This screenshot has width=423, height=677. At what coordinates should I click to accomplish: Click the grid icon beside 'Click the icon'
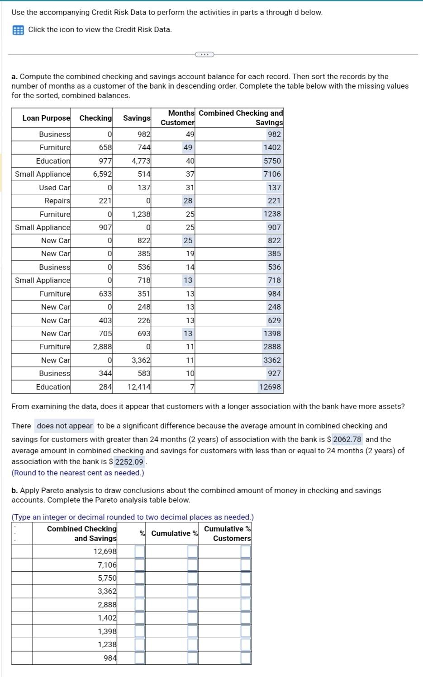(18, 30)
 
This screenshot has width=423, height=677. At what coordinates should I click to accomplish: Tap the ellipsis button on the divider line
(204, 55)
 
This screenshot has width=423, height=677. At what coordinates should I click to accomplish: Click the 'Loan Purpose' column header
(46, 118)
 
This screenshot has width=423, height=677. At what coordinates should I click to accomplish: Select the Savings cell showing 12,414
(139, 387)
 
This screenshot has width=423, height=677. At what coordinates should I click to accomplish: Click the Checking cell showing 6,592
(102, 174)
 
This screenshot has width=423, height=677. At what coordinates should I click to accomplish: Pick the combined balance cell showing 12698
(270, 387)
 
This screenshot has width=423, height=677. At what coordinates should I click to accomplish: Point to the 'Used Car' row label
(54, 188)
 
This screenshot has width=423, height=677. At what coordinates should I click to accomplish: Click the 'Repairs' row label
(57, 201)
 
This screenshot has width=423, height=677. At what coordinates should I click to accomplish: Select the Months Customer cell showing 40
(190, 161)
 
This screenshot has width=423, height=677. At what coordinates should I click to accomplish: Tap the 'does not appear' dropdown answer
(64, 426)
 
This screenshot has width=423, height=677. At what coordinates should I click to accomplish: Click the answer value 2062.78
(347, 439)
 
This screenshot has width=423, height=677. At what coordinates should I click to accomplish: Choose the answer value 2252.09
(129, 462)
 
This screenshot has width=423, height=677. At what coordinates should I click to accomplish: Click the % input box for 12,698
(140, 551)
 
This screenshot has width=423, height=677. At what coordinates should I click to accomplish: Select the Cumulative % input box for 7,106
(193, 565)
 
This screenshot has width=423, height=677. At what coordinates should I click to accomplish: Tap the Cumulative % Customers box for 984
(246, 658)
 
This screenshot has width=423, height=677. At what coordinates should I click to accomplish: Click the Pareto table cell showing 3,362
(107, 591)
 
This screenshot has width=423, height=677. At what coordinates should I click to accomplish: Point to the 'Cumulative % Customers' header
(227, 533)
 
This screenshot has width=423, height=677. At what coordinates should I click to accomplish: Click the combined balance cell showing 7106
(272, 174)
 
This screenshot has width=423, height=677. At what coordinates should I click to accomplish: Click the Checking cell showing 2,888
(102, 347)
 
